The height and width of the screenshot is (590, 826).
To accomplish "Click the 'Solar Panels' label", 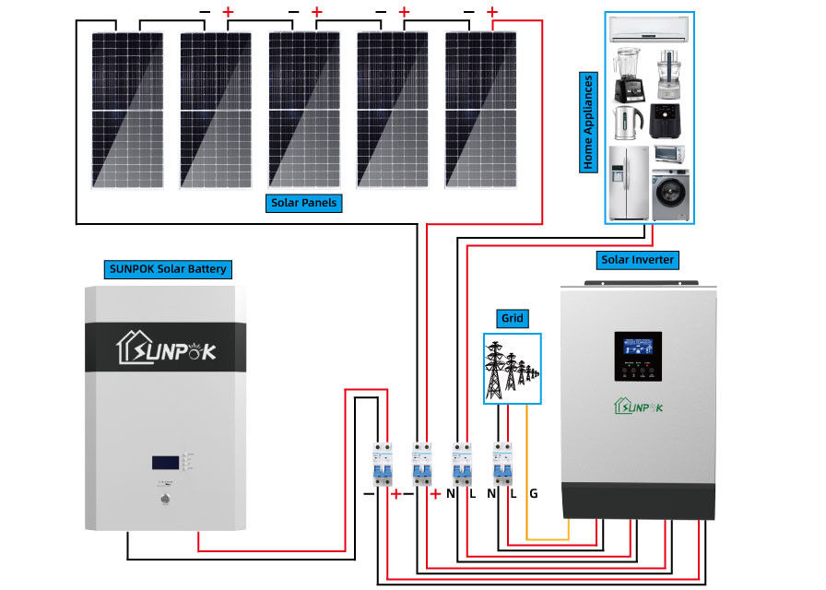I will (303, 203).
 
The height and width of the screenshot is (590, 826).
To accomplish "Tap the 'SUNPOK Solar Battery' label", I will (167, 270).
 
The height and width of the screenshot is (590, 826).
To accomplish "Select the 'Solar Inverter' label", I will (638, 260).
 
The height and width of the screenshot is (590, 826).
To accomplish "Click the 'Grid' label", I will (512, 319).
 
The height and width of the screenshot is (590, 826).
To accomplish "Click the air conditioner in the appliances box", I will (649, 29).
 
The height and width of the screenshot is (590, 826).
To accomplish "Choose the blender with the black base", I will (627, 74).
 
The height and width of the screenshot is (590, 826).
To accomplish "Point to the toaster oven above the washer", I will (669, 153).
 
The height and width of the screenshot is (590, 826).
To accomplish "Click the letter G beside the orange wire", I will (534, 494).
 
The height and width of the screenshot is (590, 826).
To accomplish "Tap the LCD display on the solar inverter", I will (638, 351).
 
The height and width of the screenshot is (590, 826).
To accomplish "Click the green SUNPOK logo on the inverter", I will (638, 407).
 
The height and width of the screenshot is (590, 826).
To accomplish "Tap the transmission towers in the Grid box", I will (510, 369).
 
